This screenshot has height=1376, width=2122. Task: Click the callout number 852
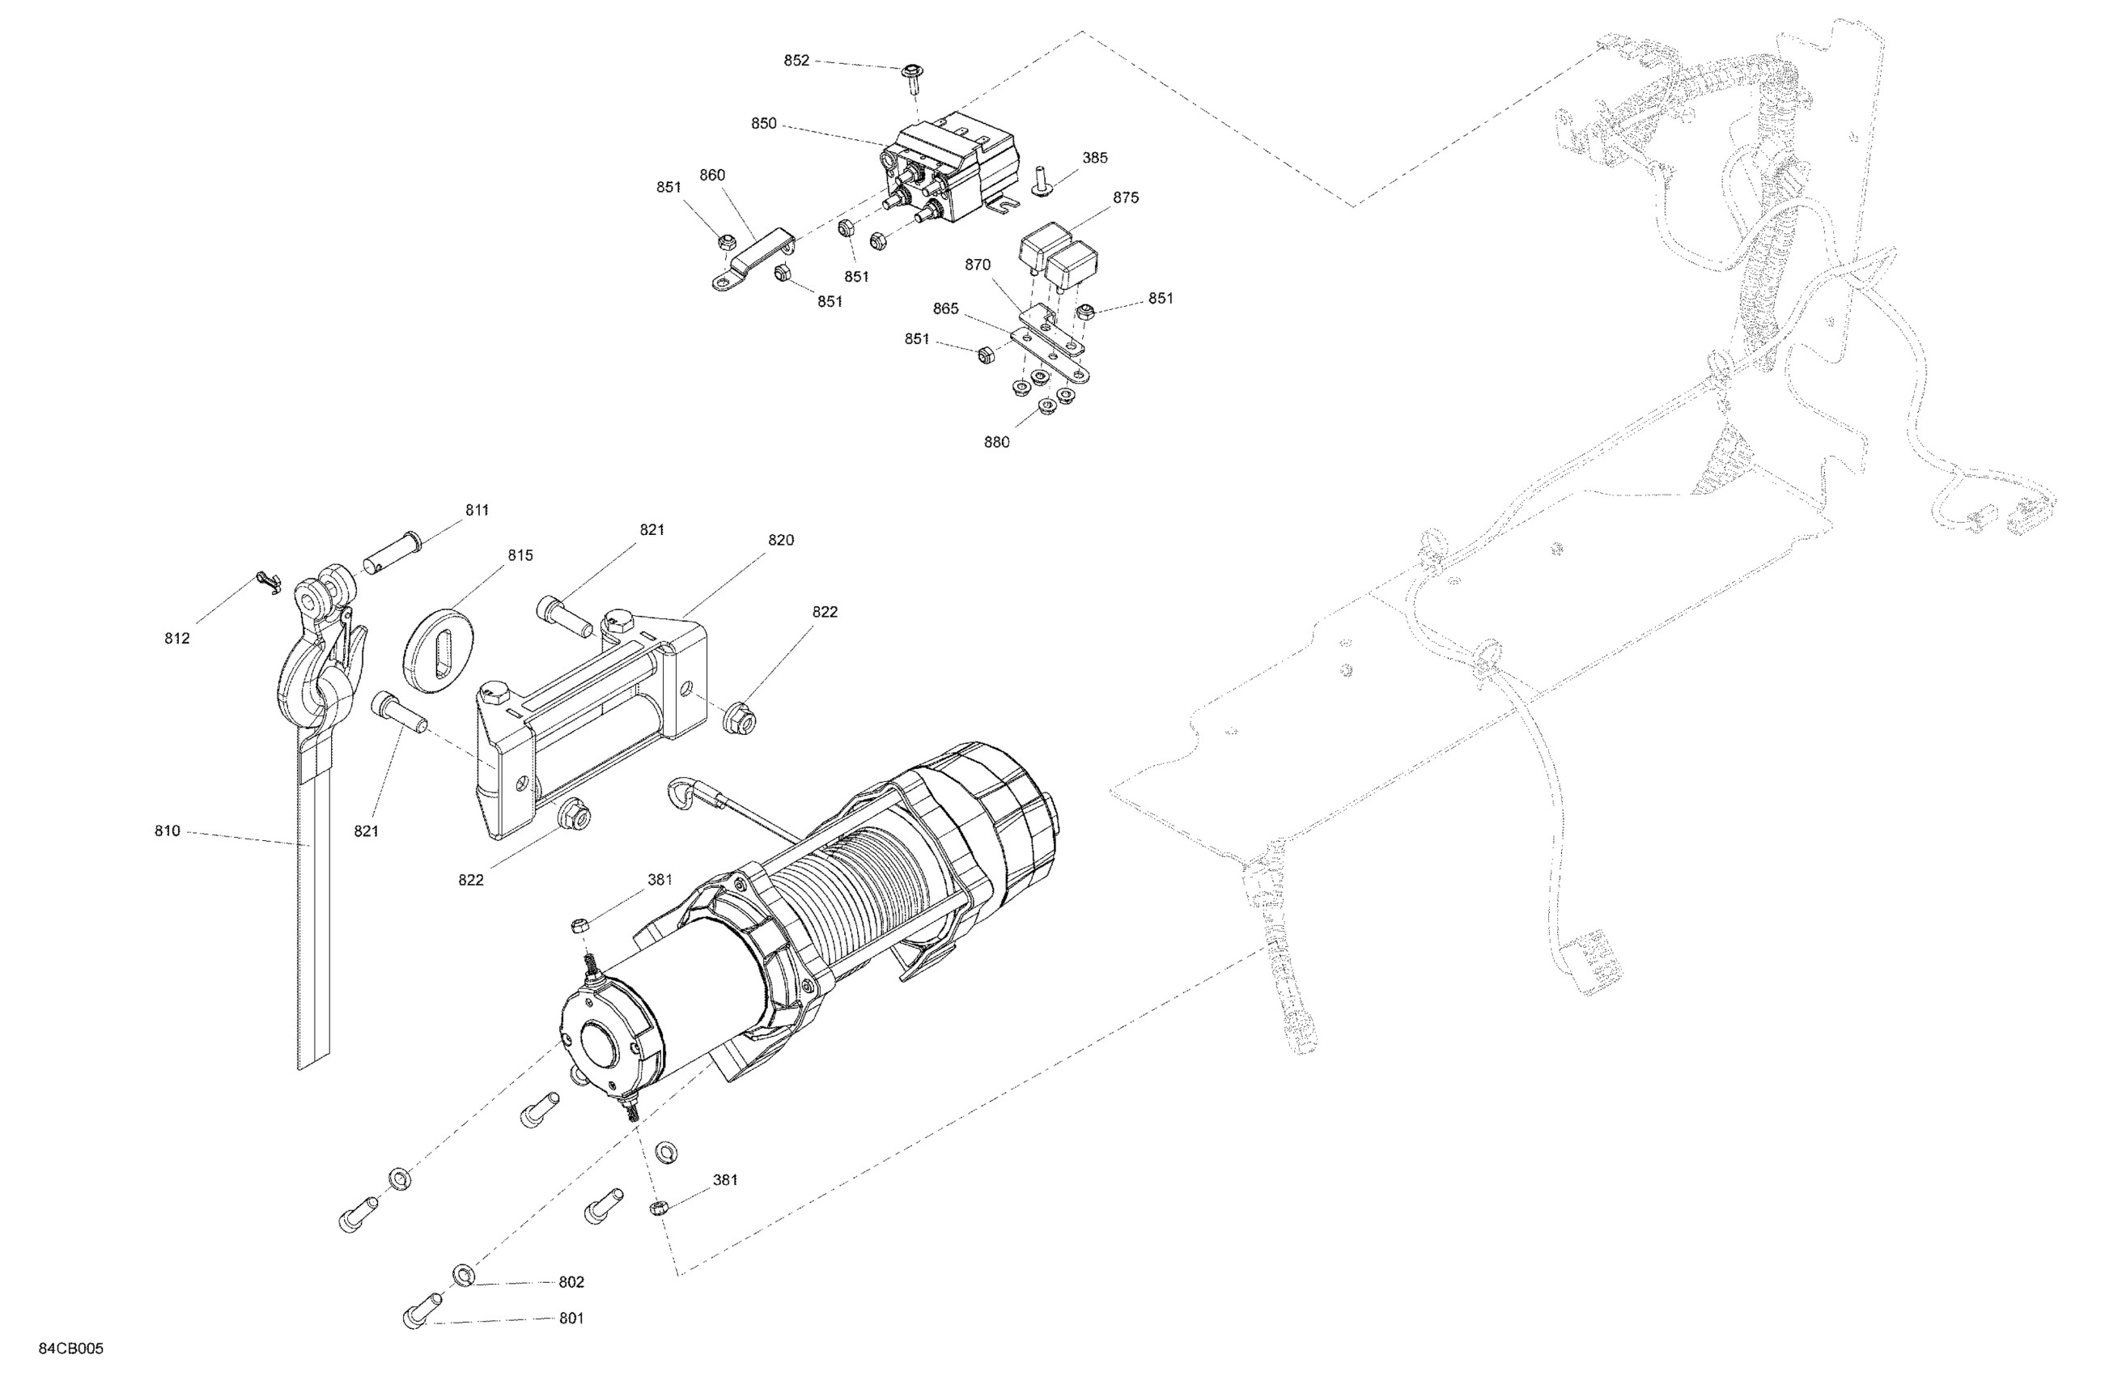point(796,61)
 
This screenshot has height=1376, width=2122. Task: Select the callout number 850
point(763,124)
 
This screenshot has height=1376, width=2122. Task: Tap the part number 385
point(1095,158)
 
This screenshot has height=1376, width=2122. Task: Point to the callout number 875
point(1125,198)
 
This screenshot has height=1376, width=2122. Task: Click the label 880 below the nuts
point(997,442)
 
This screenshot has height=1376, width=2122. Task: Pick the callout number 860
point(712,176)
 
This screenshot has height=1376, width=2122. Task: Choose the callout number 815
point(520,555)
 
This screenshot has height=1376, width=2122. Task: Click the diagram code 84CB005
point(71,1348)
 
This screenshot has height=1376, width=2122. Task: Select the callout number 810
point(168,831)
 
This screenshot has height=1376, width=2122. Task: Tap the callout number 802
point(571,1282)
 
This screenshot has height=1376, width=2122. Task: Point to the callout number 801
point(571,1318)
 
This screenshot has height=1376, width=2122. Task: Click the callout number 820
point(780,541)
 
